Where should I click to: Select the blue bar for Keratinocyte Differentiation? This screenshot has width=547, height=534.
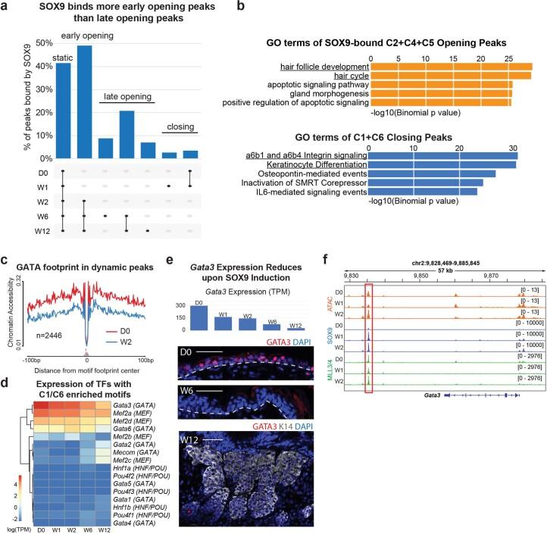coord(442,164)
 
